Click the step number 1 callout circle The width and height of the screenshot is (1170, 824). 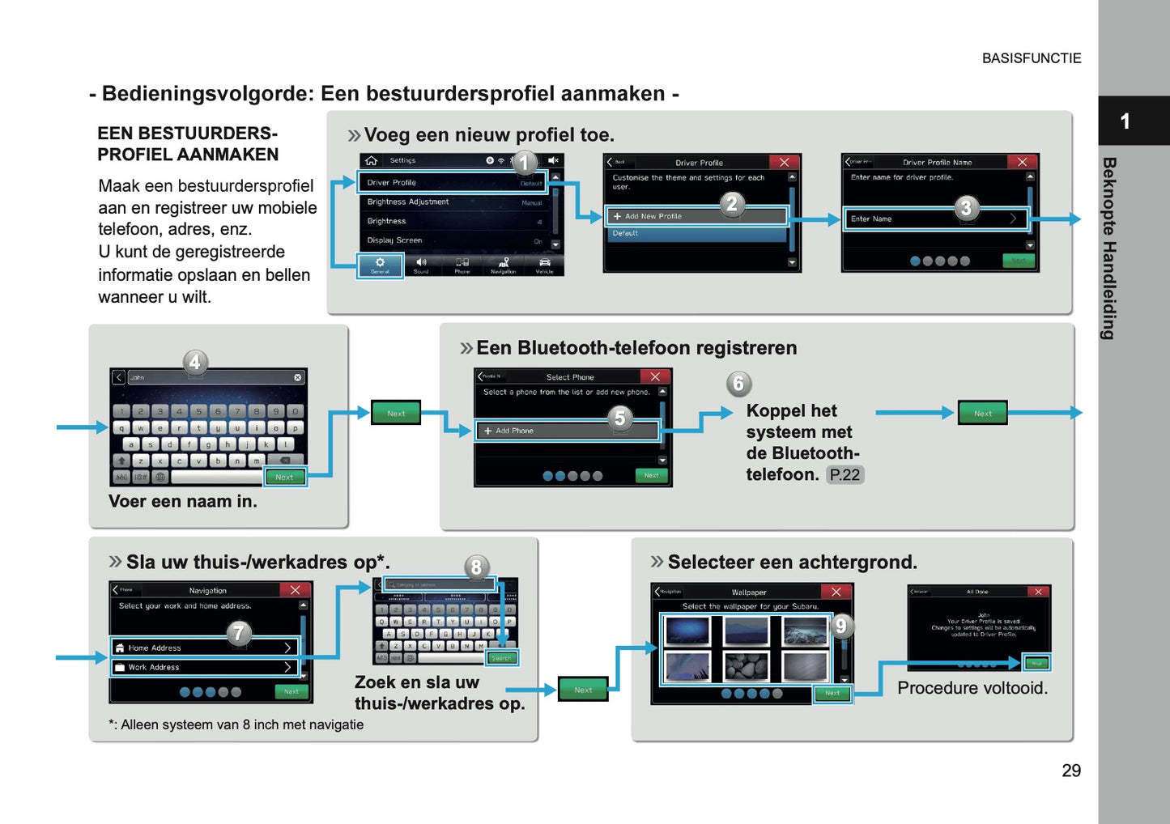pyautogui.click(x=524, y=163)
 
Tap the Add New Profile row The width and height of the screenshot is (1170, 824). pyautogui.click(x=696, y=216)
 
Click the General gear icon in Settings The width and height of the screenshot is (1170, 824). pyautogui.click(x=380, y=265)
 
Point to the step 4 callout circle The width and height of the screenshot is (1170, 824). pyautogui.click(x=194, y=362)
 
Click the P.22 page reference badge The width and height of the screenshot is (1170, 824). pyautogui.click(x=845, y=475)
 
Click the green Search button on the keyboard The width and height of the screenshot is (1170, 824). pyautogui.click(x=501, y=658)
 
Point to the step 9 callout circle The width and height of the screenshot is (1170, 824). pyautogui.click(x=840, y=626)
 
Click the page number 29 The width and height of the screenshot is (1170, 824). pyautogui.click(x=1070, y=771)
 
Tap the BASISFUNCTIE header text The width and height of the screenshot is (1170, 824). pyautogui.click(x=1031, y=58)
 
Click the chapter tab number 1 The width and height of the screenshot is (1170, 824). pyautogui.click(x=1125, y=121)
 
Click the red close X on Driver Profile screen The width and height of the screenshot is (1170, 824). pyautogui.click(x=784, y=162)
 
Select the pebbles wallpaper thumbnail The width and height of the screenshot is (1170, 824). pyautogui.click(x=746, y=666)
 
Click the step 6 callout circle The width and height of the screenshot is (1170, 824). pyautogui.click(x=738, y=384)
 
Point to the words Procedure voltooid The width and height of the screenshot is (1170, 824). pyautogui.click(x=972, y=688)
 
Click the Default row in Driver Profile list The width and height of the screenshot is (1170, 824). pyautogui.click(x=696, y=233)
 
